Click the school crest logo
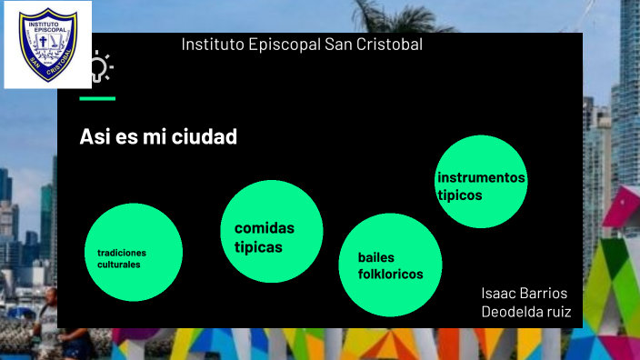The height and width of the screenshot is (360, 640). (47, 44)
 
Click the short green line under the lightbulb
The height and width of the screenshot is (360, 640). (97, 98)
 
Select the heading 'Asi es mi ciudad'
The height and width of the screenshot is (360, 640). (158, 137)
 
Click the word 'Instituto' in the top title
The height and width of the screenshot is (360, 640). (212, 45)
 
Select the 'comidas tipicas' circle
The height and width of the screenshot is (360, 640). (272, 231)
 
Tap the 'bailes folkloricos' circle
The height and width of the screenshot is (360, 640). (392, 265)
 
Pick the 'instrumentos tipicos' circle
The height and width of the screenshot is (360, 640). (481, 182)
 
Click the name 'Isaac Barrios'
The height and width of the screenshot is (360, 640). (525, 294)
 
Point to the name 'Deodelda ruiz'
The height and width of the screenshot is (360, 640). (525, 313)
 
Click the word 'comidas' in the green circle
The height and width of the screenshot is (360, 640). (265, 228)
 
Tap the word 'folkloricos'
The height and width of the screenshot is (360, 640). (391, 274)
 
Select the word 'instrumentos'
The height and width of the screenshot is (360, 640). (481, 177)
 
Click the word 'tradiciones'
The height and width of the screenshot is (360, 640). (122, 252)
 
